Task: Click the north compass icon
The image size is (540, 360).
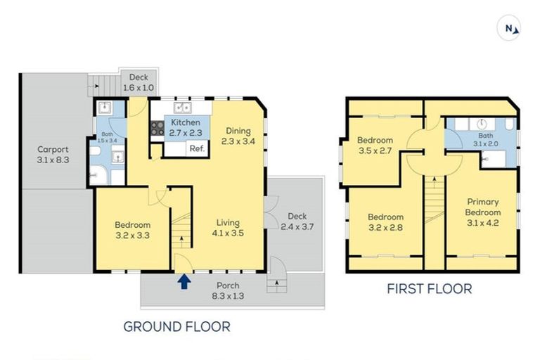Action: point(509,28)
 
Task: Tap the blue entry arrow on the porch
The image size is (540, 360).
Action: point(184,282)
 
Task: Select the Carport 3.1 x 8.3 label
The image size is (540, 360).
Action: point(53,155)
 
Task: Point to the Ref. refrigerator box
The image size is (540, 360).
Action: point(197,148)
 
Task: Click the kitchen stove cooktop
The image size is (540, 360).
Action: point(157,129)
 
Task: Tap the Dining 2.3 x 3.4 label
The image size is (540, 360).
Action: point(238,136)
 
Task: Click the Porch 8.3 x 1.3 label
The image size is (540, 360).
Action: point(228,291)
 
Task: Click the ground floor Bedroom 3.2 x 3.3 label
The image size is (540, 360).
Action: point(132,231)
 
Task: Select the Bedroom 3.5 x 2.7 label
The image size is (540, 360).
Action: point(374,145)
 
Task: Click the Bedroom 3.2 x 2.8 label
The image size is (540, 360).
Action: point(385,222)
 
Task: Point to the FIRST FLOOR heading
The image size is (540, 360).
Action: point(430,289)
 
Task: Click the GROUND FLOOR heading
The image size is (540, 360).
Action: point(176,326)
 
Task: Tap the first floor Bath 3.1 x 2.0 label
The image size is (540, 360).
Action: point(486,140)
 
